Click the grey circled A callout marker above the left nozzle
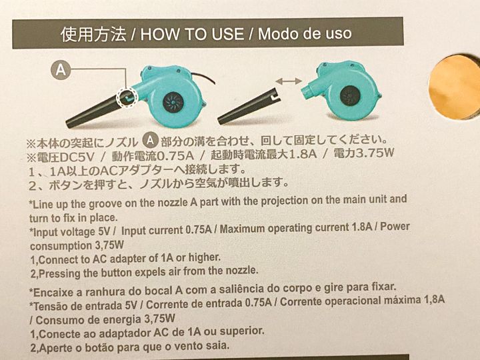pos(61,70)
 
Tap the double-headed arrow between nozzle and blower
pos(289,81)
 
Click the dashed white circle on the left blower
pos(127,98)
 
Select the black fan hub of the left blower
pos(173,102)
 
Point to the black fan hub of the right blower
pos(350,95)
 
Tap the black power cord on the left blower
pos(203,78)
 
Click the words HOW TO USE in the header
pos(192,34)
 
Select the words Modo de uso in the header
pos(305,33)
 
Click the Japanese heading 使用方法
pos(94,34)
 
